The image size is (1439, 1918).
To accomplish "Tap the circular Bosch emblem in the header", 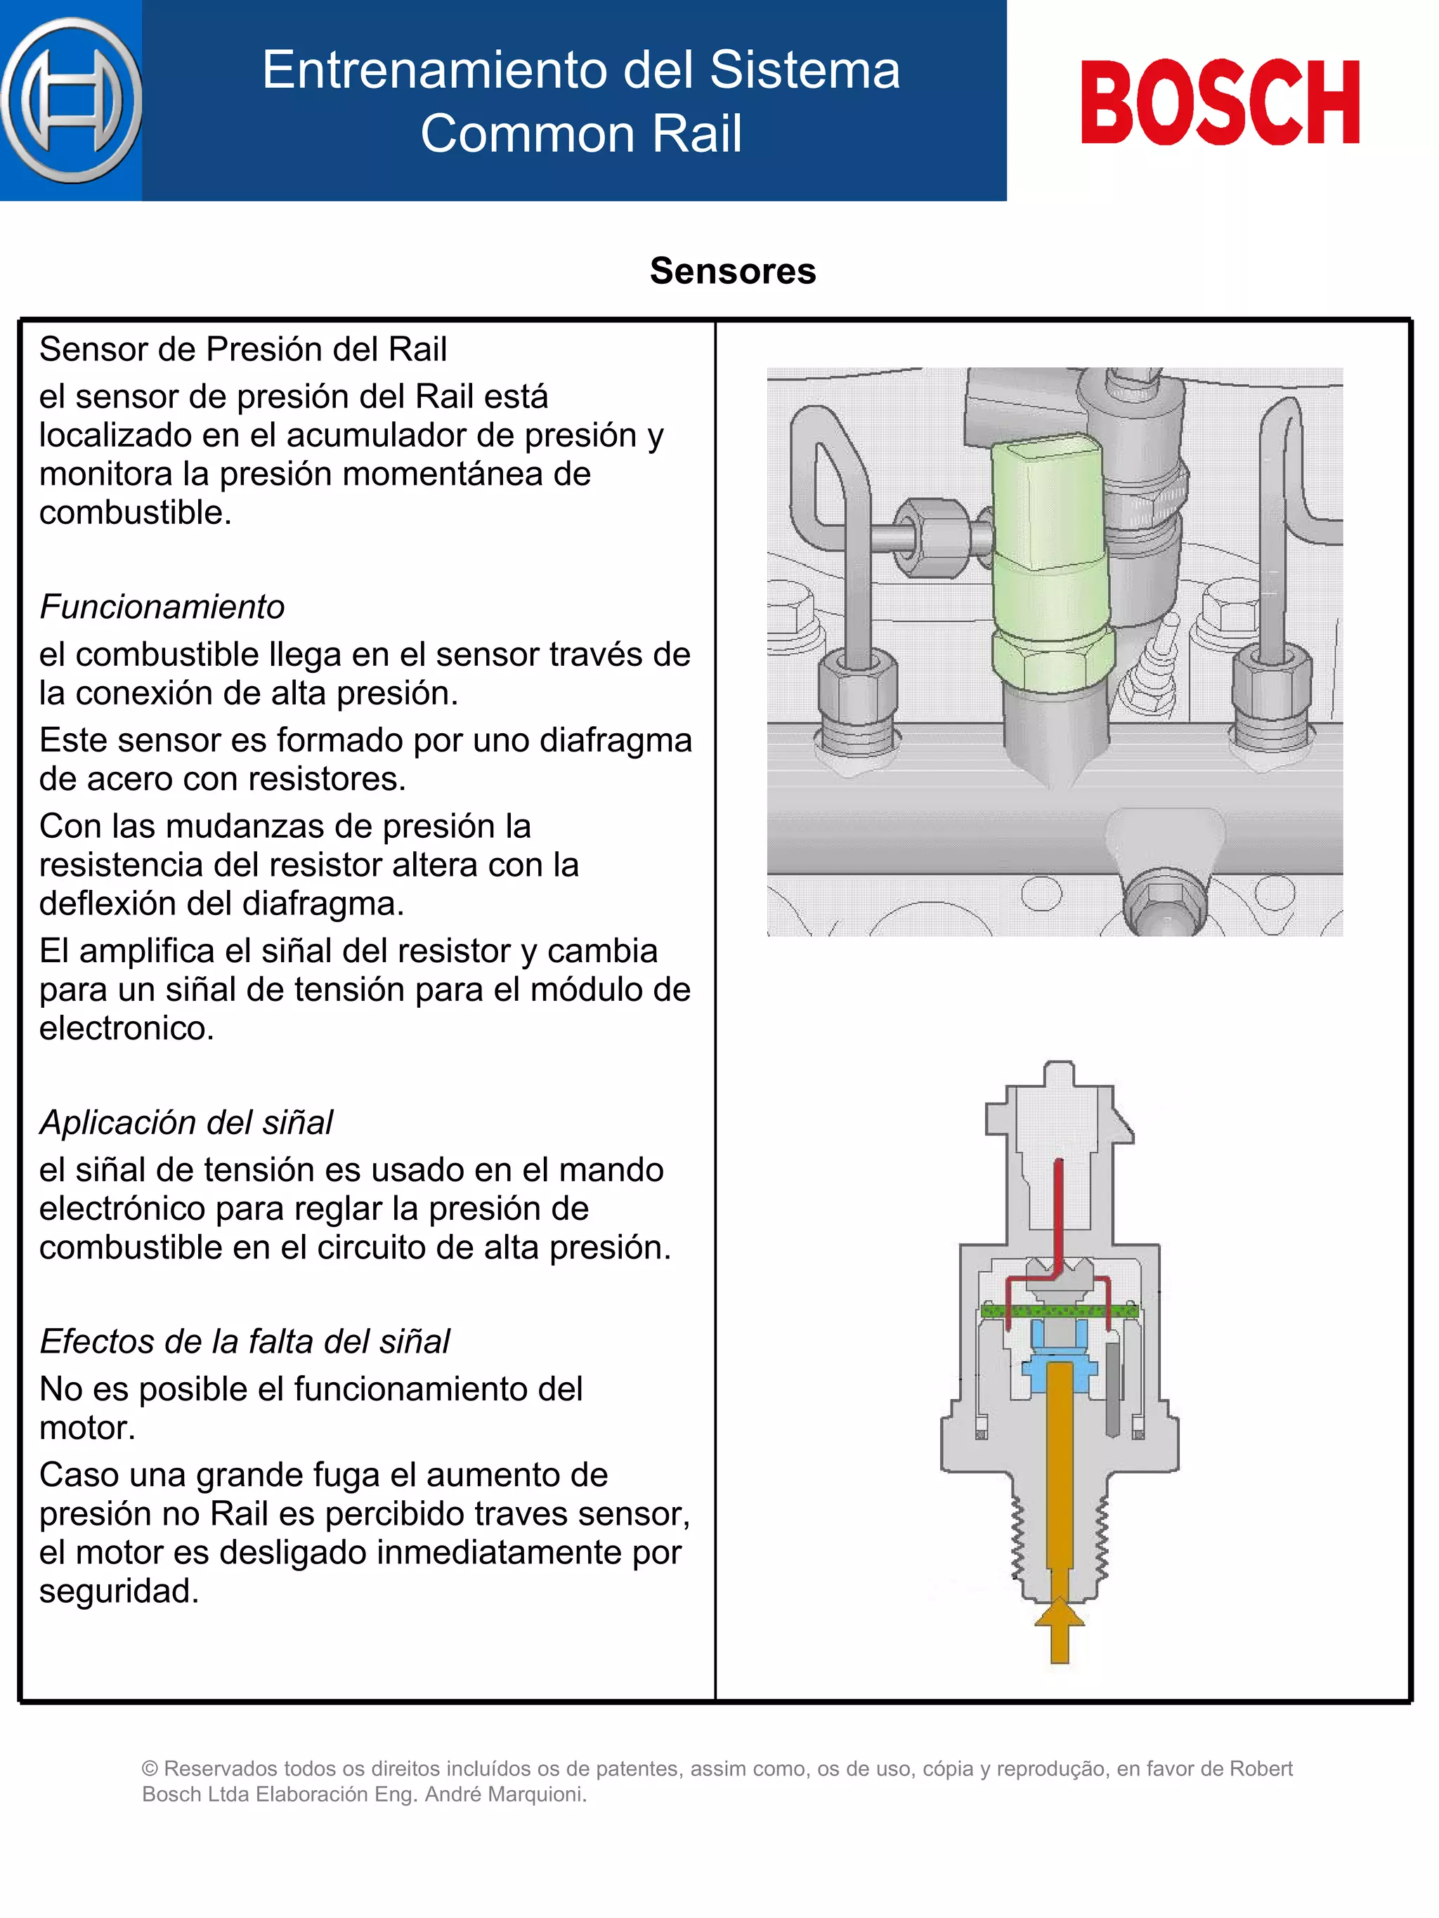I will tap(71, 100).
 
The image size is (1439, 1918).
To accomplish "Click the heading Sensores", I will tap(733, 271).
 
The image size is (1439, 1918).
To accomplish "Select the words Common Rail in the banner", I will tap(581, 133).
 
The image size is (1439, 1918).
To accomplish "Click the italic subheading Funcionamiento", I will tap(162, 607).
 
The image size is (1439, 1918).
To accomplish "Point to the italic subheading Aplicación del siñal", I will tap(185, 1122).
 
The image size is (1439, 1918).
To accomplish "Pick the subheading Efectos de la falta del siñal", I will tap(245, 1341).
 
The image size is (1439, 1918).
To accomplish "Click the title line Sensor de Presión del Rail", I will tap(243, 350).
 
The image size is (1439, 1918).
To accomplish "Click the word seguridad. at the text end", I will tap(119, 1591).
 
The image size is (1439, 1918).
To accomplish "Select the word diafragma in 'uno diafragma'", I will tap(615, 740).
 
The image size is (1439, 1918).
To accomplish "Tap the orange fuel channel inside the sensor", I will tap(1060, 1474).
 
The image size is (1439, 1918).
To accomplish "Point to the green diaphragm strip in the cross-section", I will tap(1059, 1311).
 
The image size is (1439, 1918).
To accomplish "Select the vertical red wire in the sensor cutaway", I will tap(1058, 1214).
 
